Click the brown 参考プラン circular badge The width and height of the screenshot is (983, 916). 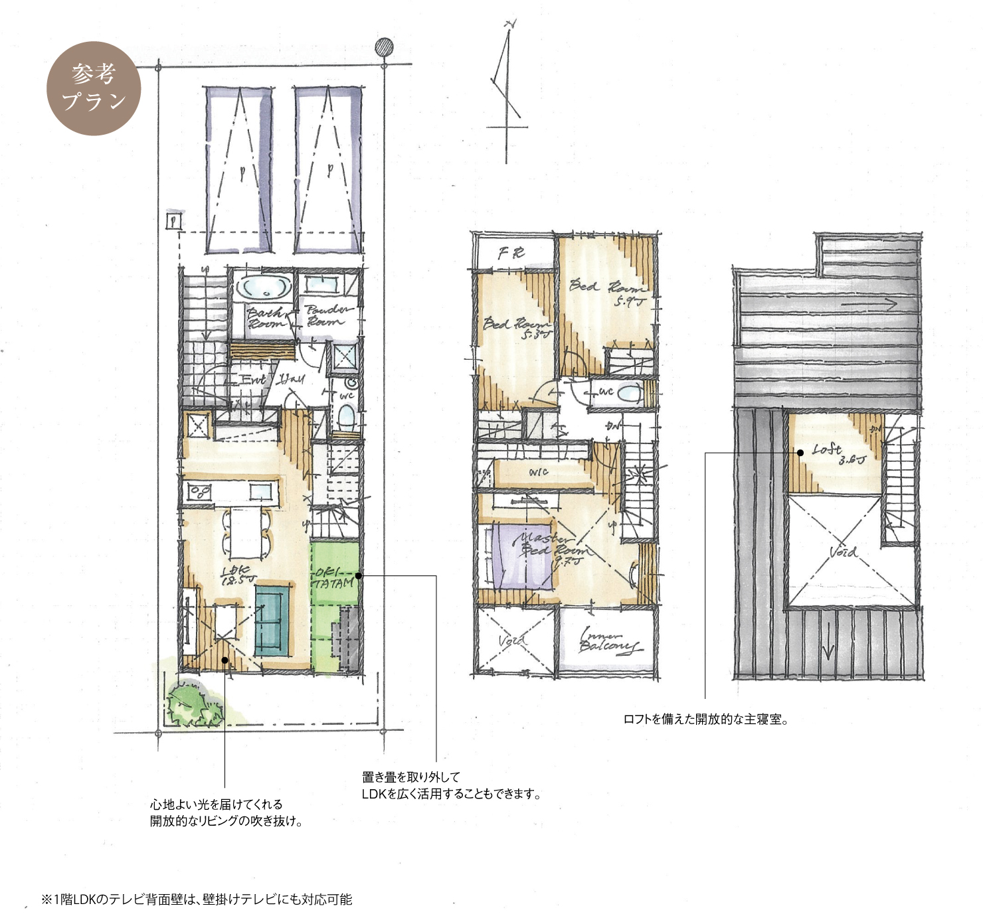[94, 88]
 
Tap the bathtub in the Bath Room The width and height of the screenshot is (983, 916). [264, 288]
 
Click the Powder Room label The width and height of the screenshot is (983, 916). [329, 315]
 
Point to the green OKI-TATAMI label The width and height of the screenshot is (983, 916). [333, 578]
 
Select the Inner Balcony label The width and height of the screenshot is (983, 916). [608, 641]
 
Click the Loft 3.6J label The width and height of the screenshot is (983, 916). [839, 454]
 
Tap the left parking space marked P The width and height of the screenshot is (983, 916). [238, 170]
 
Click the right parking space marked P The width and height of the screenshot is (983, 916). [328, 170]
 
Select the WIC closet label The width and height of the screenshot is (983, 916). [538, 472]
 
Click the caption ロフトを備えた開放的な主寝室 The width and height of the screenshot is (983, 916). [705, 720]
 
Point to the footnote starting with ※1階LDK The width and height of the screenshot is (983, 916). [197, 899]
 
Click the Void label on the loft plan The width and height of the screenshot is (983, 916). [843, 552]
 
